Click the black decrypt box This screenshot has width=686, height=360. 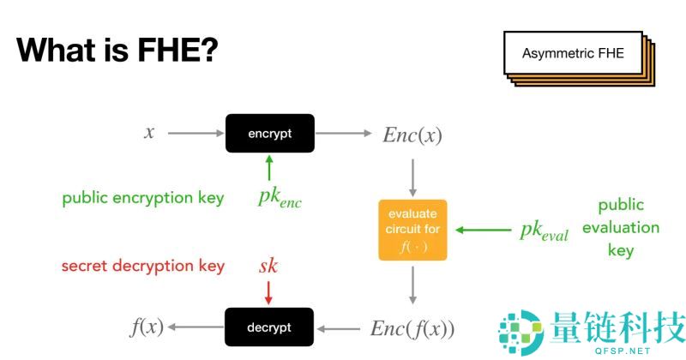coord(269,327)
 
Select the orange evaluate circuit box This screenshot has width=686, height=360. coord(414,230)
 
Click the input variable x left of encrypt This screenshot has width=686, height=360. coord(149,133)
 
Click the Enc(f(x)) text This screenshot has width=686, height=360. coord(412,328)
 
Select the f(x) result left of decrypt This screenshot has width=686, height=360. coord(147,327)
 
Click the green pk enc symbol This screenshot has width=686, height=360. coord(280,198)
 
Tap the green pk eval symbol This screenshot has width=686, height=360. coord(544,231)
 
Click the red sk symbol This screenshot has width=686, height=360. coord(268,266)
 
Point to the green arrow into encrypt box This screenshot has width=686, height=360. coord(269,166)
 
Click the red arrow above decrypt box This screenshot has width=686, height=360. coord(268,292)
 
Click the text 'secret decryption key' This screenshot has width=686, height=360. coord(143,266)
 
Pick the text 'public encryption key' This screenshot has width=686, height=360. coord(143,198)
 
